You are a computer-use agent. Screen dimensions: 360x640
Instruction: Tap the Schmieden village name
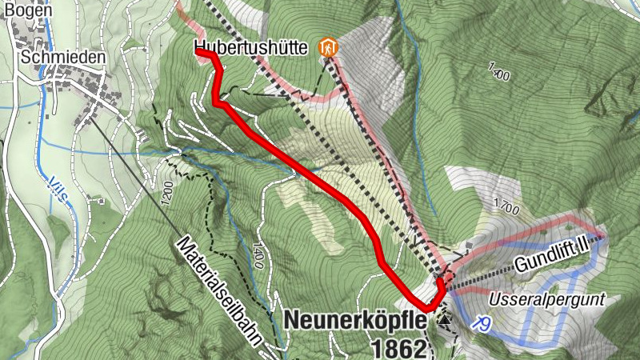(x=54, y=58)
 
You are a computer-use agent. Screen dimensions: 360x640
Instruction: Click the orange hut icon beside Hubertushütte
(x=330, y=48)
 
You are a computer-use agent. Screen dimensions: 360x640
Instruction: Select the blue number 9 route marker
(x=481, y=322)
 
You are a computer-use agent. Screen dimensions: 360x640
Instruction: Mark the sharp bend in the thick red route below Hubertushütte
(x=217, y=101)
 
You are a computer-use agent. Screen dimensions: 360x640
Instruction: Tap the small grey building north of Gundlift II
(x=468, y=246)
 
